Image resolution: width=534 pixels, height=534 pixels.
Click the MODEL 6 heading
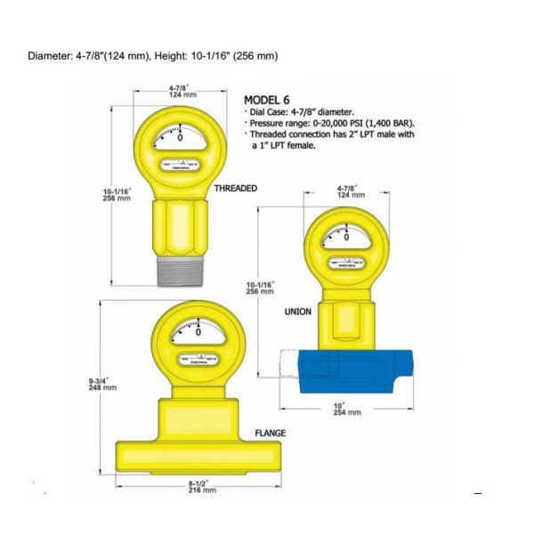click(x=273, y=101)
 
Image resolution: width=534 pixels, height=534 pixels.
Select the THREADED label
click(x=236, y=189)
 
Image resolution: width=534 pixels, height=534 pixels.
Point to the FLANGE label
click(x=271, y=433)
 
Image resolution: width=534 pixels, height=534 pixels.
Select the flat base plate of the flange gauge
click(x=199, y=454)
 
